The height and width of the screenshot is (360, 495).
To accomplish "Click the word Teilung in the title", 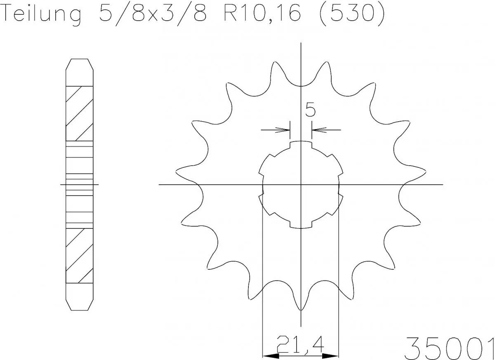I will tap(42, 14).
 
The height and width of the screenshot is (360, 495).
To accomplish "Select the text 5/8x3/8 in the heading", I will tap(153, 14).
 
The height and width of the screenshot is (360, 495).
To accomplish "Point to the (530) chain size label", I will tap(353, 14).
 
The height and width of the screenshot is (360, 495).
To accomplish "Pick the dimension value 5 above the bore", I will tap(310, 110).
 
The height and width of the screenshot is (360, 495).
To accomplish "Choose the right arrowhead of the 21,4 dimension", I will tap(332, 355).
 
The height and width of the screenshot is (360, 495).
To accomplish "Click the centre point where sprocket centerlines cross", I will tap(301, 184).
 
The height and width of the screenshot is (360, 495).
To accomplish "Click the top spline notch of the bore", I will tap(301, 143).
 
